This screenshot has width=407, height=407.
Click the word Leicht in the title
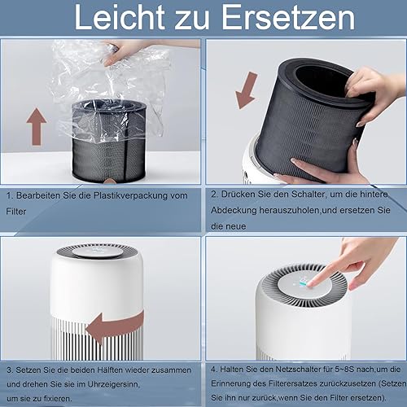coord(120,17)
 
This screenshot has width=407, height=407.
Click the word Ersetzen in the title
coord(288,17)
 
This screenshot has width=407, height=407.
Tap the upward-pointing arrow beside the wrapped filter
coord(37,126)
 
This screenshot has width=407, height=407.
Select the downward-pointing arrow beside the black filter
coord(247,90)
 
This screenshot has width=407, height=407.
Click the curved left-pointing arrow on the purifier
coord(115,328)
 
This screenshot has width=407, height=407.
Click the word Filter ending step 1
coord(16,212)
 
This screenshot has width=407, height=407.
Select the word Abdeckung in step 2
coord(234,210)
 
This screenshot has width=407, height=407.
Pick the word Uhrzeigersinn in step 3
coord(113,384)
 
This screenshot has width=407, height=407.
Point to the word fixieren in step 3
coord(57,399)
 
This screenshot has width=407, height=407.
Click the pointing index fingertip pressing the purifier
coord(311,283)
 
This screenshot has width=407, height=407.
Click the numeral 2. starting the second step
coord(215,195)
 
